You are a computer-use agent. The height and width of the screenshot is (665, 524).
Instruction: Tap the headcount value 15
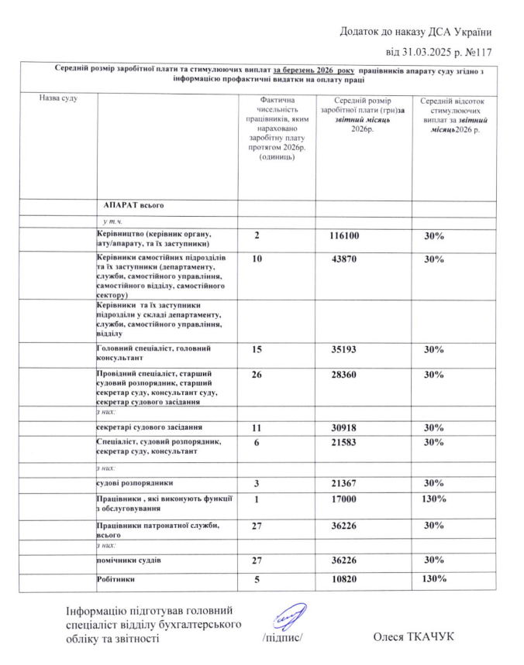tap(256, 351)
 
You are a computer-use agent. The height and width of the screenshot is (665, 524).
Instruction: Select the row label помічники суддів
tap(129, 559)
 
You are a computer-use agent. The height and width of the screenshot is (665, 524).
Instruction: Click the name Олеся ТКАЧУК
tap(412, 636)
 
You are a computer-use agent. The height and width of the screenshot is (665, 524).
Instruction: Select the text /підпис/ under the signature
tap(281, 638)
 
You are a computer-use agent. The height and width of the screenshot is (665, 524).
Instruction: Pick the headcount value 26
tap(256, 375)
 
